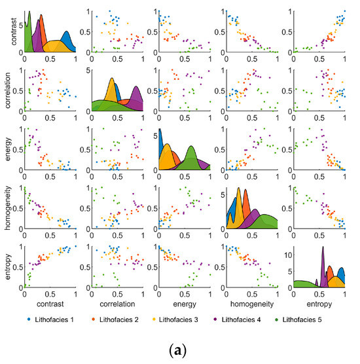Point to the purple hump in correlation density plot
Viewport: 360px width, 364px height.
tap(137, 98)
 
